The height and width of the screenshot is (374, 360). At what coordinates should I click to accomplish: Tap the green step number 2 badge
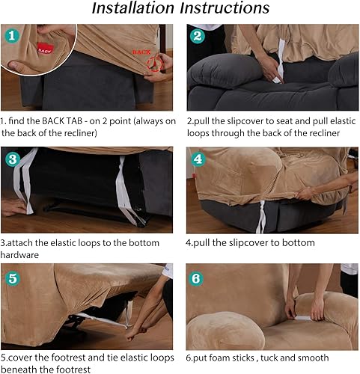point(197,36)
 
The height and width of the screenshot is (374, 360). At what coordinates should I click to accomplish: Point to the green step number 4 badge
point(197,159)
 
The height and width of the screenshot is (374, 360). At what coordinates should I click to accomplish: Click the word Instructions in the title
point(222,9)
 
